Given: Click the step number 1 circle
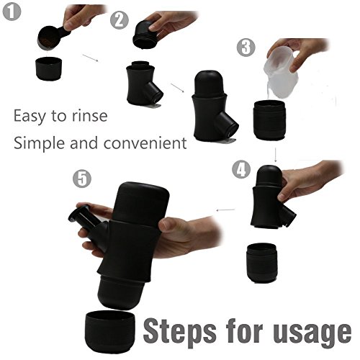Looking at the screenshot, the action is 12,12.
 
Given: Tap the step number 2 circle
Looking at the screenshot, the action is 120,20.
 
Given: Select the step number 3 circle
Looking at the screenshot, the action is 246,48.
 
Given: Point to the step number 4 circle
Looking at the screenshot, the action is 241,169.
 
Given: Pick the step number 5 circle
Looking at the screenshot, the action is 82,179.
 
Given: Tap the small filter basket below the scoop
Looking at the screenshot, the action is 48,68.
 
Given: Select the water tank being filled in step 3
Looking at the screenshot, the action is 269,120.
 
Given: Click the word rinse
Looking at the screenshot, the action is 90,116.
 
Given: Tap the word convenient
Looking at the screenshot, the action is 145,143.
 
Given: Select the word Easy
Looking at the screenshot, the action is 30,117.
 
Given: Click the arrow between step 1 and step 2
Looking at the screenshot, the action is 90,58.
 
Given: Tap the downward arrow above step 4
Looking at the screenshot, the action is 276,155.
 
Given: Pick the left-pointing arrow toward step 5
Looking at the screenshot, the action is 225,210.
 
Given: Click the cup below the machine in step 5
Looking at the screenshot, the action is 110,331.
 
